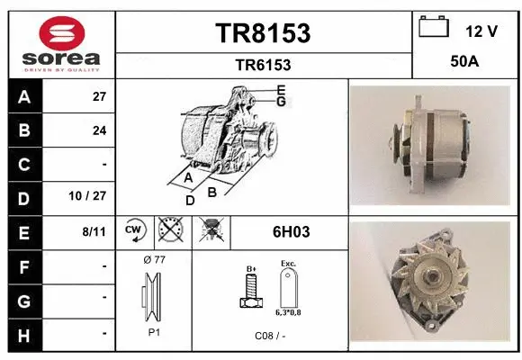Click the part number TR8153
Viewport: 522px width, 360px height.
[x=263, y=33]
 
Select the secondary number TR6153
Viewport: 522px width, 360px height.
[x=263, y=65]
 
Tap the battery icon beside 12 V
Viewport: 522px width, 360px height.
[x=434, y=27]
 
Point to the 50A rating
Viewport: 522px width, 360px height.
[x=463, y=63]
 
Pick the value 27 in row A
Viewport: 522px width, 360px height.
[x=99, y=97]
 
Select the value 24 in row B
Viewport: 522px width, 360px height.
[x=99, y=130]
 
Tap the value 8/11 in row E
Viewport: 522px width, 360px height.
[x=94, y=231]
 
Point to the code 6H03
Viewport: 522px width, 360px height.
[x=291, y=231]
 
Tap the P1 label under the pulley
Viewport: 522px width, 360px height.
[x=154, y=330]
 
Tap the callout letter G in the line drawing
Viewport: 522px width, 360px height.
[x=281, y=102]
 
